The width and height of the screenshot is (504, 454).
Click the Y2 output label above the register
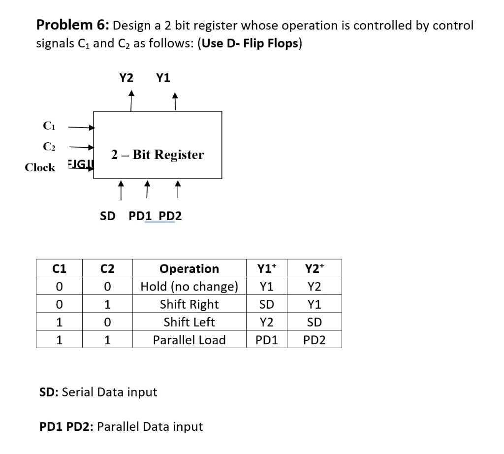[126, 77]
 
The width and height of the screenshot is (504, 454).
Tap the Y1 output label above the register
[163, 77]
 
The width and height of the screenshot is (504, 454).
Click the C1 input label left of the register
[49, 127]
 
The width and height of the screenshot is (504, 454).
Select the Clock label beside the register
[40, 167]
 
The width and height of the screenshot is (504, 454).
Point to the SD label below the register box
[108, 216]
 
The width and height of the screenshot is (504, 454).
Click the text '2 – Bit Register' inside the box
[157, 155]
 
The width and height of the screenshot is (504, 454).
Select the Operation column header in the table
[189, 269]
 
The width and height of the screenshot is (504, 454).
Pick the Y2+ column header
[315, 269]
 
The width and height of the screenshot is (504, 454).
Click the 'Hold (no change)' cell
[189, 287]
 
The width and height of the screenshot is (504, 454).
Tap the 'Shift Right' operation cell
[189, 304]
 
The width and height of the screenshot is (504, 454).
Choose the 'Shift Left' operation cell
[189, 322]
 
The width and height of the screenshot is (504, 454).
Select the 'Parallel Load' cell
[189, 340]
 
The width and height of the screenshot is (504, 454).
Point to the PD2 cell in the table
[315, 340]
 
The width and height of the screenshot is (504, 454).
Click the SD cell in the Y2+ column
[315, 322]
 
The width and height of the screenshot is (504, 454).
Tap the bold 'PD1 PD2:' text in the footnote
[66, 426]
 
